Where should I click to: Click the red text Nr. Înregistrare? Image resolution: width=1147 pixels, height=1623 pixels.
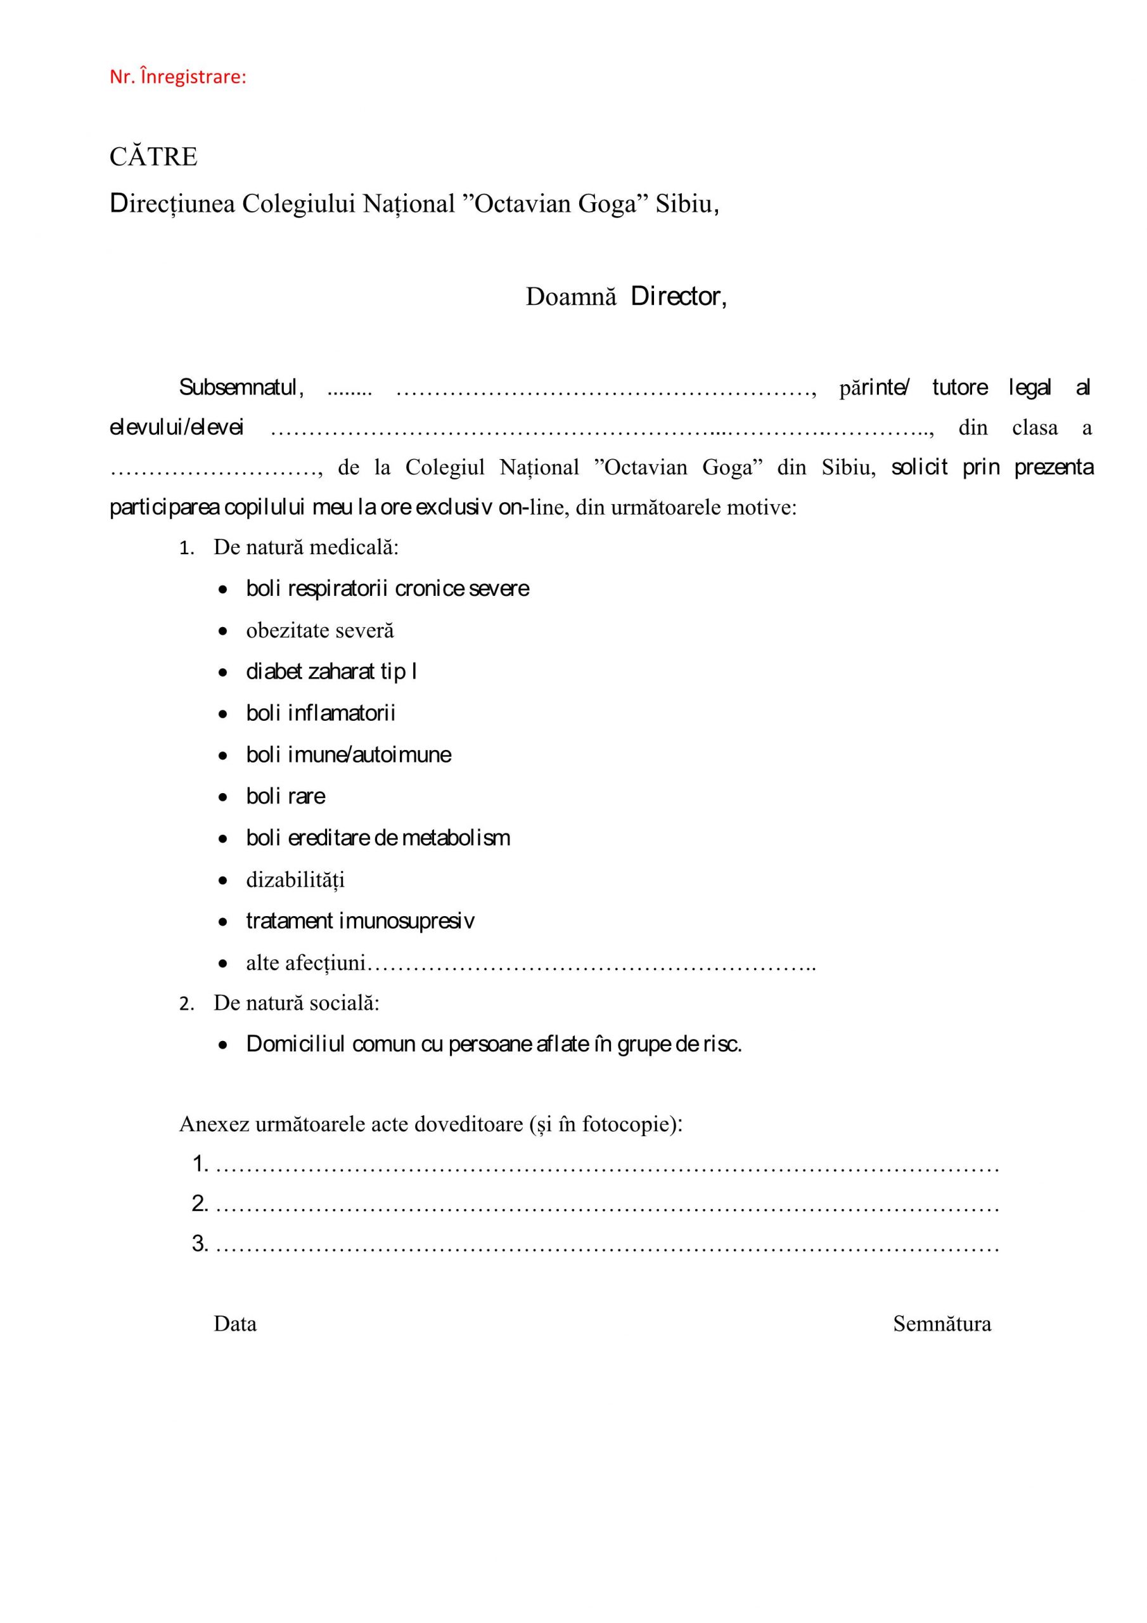tap(177, 77)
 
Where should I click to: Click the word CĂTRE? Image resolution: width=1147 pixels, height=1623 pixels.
tap(153, 157)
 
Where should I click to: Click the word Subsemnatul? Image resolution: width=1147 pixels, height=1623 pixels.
tap(241, 387)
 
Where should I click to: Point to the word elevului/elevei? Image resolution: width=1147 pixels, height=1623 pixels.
tap(176, 428)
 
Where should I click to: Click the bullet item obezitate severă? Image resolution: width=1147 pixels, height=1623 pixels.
tap(319, 631)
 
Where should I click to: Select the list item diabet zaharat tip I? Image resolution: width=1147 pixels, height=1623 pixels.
tap(331, 671)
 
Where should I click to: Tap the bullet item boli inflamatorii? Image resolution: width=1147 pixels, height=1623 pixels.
tap(320, 713)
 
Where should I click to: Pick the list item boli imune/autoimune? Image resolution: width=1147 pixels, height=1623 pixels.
tap(349, 755)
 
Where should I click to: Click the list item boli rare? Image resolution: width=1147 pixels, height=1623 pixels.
tap(286, 797)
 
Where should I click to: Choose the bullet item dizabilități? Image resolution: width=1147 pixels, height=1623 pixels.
tap(295, 880)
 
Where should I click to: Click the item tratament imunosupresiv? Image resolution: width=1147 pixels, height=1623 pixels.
tap(360, 921)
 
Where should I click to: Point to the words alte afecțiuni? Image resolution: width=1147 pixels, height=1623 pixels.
tap(305, 963)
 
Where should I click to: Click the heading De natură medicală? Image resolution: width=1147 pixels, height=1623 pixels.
tap(306, 547)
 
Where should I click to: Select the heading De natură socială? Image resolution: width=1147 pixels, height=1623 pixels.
tap(296, 1003)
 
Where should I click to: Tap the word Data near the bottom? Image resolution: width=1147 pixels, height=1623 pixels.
tap(234, 1324)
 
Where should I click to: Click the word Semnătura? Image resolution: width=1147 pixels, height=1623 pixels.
tap(941, 1324)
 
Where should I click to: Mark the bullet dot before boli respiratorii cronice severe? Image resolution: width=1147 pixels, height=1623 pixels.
tap(223, 590)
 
